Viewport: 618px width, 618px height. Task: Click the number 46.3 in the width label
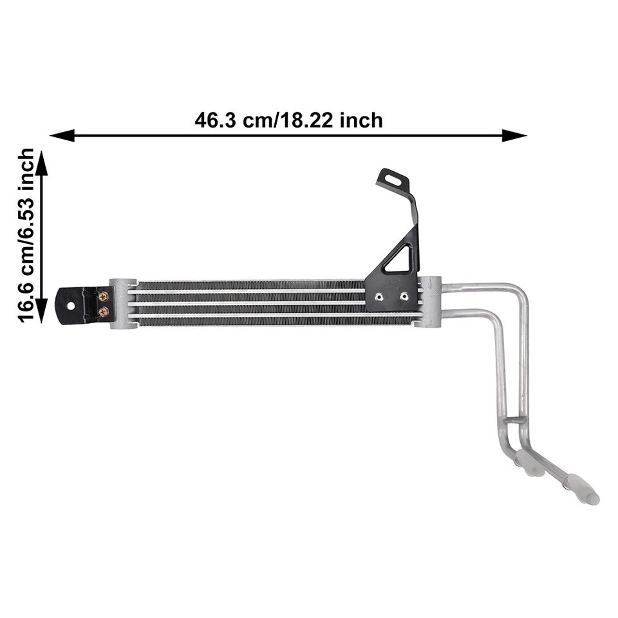tap(215, 120)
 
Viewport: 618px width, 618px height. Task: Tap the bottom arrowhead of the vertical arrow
tap(41, 314)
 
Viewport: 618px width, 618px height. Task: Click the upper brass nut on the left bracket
tap(103, 297)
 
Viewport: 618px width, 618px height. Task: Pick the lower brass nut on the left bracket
tap(103, 312)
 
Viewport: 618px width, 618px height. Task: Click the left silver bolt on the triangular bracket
tap(379, 297)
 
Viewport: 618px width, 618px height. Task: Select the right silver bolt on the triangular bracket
tap(404, 297)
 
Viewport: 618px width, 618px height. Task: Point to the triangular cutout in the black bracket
tap(400, 259)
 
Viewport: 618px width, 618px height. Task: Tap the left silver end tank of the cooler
tap(122, 303)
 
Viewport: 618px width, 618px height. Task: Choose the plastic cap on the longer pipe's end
tap(581, 489)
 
